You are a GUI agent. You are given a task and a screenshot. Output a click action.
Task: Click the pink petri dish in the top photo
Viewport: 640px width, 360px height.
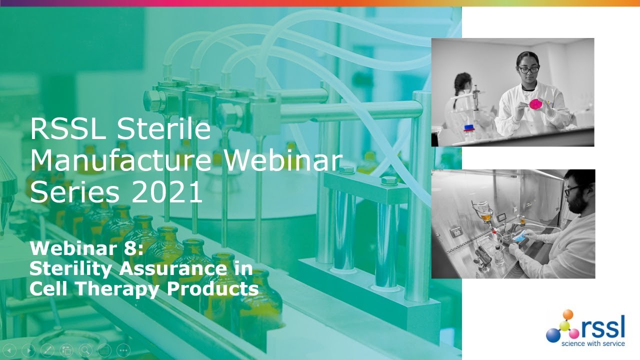tap(536, 104)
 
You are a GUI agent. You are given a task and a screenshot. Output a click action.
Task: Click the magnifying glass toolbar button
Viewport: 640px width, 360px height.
tap(85, 350)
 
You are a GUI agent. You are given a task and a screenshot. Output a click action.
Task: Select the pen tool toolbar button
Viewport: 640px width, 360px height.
tap(48, 350)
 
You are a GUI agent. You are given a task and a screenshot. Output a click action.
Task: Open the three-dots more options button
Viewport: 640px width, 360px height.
tap(123, 350)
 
